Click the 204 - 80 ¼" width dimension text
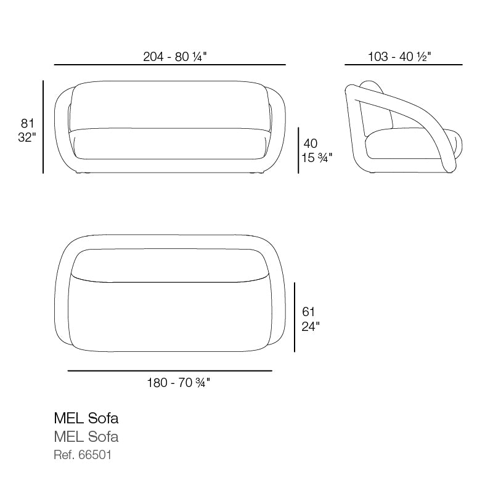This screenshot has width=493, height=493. tap(175, 57)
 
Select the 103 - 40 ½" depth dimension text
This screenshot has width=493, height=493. tap(399, 57)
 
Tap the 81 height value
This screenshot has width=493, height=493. tap(27, 123)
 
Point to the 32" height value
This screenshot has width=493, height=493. tap(27, 137)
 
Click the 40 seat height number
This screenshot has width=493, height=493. tap(311, 144)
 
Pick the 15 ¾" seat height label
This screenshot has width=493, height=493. tap(317, 158)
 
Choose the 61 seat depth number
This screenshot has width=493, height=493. tap(308, 312)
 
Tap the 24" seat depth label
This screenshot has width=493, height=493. tap(311, 327)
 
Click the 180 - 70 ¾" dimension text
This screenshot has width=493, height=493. tap(179, 383)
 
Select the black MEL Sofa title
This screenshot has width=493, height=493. tap(86, 418)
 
